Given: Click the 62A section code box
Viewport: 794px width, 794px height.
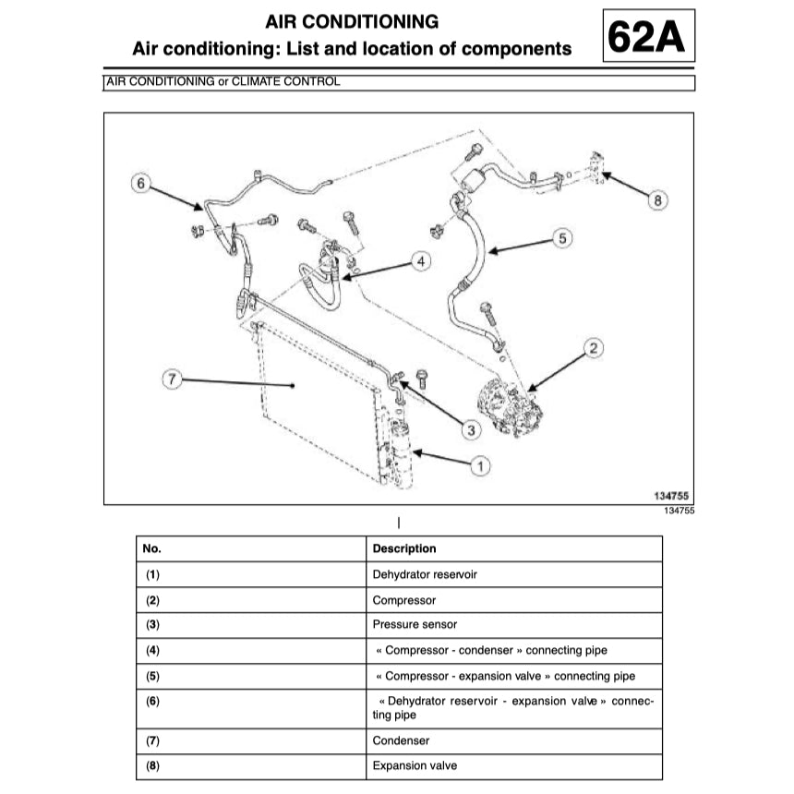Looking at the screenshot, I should [x=648, y=37].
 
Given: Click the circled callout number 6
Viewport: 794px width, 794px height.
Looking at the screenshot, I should [x=140, y=184].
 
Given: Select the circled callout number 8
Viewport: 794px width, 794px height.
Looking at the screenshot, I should [x=656, y=199].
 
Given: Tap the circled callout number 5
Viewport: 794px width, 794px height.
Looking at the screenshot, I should [x=564, y=238].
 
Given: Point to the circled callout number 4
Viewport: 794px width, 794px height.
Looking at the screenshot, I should [x=421, y=262].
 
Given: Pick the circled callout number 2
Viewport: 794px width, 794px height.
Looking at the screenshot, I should [x=594, y=348].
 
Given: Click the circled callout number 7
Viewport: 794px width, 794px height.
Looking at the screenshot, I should [x=170, y=379].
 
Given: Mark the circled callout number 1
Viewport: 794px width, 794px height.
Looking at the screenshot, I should [x=479, y=466].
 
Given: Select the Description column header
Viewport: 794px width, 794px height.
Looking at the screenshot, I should [x=404, y=548].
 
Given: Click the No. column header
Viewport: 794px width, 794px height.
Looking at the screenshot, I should [x=152, y=548].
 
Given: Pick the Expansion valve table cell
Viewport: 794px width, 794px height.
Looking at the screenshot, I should [x=415, y=765].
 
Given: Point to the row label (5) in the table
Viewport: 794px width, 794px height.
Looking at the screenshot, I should [x=153, y=676].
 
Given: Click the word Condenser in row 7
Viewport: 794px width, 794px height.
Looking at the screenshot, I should [x=401, y=740].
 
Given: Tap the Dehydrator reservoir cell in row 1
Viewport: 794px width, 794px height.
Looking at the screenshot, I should [x=425, y=574].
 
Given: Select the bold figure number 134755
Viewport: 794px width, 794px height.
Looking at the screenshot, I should [x=672, y=497].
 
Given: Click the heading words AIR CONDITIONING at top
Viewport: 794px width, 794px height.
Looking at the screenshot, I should [x=352, y=21].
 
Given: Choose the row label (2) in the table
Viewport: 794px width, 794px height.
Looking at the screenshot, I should [x=153, y=600].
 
